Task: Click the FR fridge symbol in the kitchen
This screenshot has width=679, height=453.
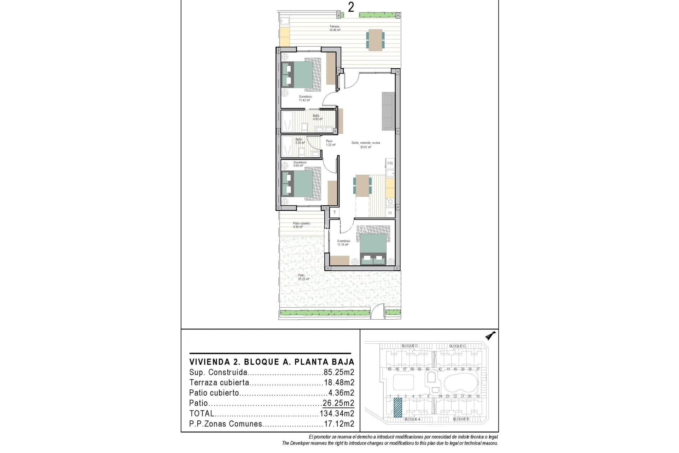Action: (390, 164)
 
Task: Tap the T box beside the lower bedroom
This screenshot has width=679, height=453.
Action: (334, 212)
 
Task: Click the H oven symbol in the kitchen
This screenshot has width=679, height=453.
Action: (390, 213)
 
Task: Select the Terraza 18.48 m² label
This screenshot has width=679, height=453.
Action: (335, 28)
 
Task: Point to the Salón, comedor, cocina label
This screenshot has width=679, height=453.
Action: (366, 145)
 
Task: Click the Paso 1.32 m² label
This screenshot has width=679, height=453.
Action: (330, 143)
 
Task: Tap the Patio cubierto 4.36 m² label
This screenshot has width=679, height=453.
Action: (301, 225)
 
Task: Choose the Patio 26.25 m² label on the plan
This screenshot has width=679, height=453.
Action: (303, 277)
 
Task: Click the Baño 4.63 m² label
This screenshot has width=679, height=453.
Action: (317, 117)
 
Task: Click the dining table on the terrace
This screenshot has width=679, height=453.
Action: (375, 39)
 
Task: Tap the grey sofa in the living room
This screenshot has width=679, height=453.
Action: (388, 111)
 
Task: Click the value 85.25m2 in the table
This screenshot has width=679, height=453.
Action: (339, 372)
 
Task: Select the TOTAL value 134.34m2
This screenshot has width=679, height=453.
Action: (337, 413)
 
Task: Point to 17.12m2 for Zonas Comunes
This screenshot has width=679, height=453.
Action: (339, 424)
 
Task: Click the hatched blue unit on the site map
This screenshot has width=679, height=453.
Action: (398, 407)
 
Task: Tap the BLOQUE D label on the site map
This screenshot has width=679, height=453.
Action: (410, 346)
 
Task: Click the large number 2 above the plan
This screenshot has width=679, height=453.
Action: (350, 7)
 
